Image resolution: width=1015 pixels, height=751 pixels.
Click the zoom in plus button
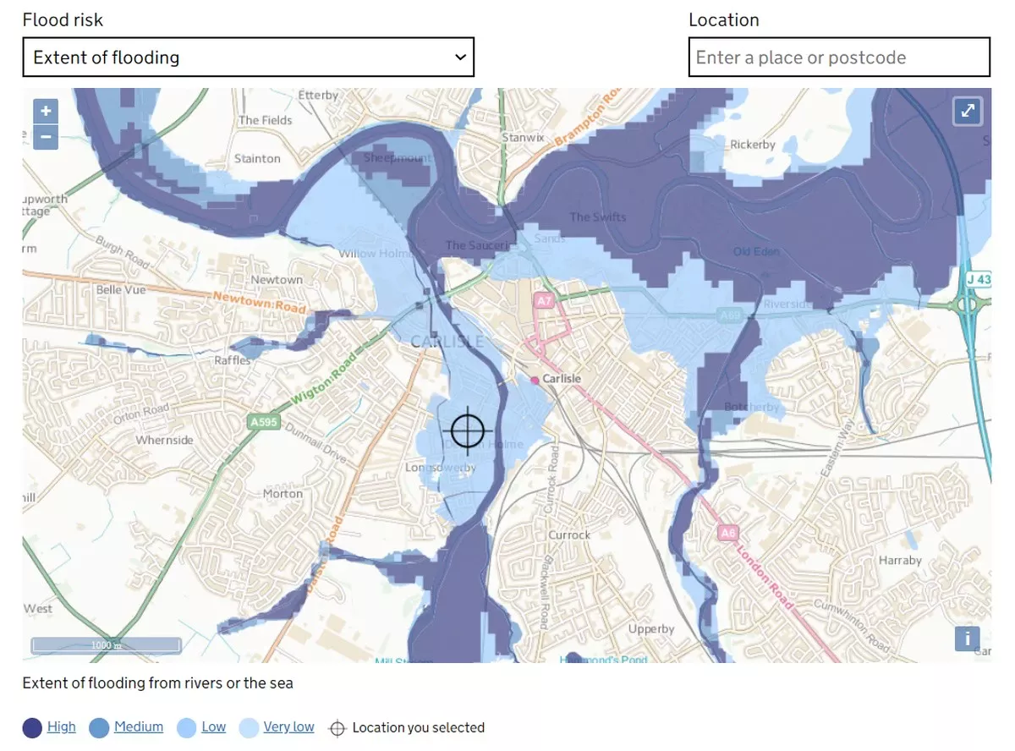click(46, 111)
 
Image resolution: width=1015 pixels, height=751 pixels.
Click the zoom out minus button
click(46, 136)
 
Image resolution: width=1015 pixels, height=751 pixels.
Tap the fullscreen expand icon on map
click(968, 111)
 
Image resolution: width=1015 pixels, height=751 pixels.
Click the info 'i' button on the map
click(967, 639)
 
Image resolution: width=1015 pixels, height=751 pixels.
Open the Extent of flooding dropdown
click(248, 58)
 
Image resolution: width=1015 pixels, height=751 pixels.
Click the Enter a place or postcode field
click(838, 58)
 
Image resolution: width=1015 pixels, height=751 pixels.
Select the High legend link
click(61, 726)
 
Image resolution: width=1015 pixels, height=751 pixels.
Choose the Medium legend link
click(139, 726)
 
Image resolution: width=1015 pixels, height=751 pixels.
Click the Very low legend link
click(288, 726)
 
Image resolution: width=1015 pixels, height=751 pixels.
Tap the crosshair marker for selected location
click(467, 430)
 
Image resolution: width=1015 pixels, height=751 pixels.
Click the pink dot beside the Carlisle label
click(535, 381)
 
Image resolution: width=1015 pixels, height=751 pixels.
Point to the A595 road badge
click(264, 421)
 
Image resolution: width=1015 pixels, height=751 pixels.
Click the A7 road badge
click(544, 300)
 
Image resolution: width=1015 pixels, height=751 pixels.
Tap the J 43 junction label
click(979, 279)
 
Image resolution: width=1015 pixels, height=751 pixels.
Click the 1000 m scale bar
click(107, 645)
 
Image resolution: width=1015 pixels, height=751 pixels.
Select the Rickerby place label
click(752, 145)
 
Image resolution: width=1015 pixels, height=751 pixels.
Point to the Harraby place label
click(900, 560)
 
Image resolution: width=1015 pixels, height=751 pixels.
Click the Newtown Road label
click(259, 300)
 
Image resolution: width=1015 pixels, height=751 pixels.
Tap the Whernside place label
click(165, 440)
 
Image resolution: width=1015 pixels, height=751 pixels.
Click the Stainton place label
click(257, 158)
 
